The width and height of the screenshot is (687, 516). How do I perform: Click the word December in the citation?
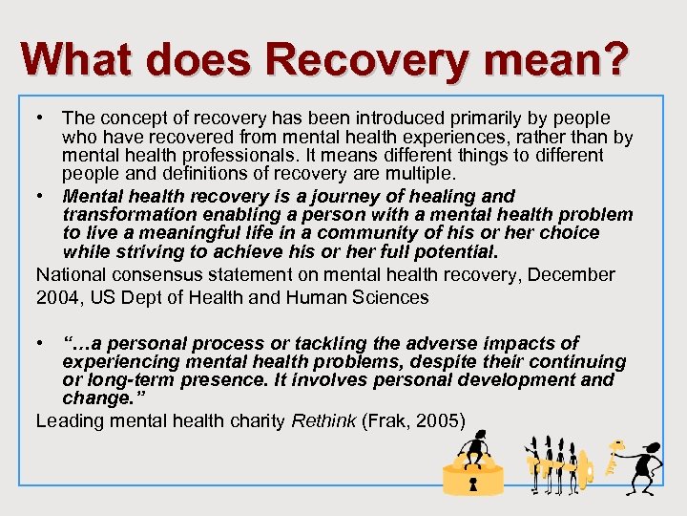click(572, 275)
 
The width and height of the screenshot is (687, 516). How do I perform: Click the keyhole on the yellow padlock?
click(473, 484)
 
